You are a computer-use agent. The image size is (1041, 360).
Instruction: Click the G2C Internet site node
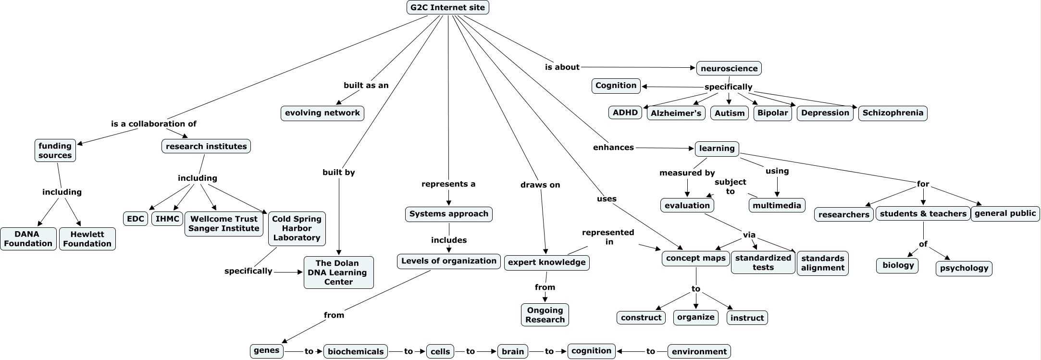pyautogui.click(x=447, y=8)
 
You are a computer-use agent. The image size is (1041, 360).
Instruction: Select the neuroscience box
pyautogui.click(x=729, y=68)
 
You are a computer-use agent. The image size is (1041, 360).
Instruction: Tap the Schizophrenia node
pyautogui.click(x=892, y=113)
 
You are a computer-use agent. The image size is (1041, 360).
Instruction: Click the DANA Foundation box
pyautogui.click(x=28, y=239)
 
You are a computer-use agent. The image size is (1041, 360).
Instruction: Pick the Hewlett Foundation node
pyautogui.click(x=87, y=239)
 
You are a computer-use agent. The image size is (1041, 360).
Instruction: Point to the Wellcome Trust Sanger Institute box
pyautogui.click(x=223, y=224)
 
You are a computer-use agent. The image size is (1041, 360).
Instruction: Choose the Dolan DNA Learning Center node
pyautogui.click(x=338, y=273)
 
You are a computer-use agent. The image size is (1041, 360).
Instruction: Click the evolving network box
pyautogui.click(x=322, y=113)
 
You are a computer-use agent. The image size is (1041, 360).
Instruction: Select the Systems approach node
pyautogui.click(x=448, y=214)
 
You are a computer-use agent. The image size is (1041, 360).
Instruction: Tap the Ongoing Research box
pyautogui.click(x=545, y=315)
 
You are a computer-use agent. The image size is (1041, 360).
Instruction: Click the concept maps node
pyautogui.click(x=695, y=258)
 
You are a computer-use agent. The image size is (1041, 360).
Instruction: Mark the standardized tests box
pyautogui.click(x=763, y=262)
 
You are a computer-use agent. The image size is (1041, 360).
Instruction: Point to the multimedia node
pyautogui.click(x=777, y=205)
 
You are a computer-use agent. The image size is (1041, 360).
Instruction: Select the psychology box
pyautogui.click(x=964, y=268)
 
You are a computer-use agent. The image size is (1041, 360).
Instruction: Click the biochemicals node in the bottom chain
pyautogui.click(x=356, y=351)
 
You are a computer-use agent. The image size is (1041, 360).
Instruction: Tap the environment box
pyautogui.click(x=699, y=351)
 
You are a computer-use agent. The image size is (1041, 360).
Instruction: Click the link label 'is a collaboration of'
pyautogui.click(x=154, y=124)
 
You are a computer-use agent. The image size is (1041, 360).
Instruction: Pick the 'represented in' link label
pyautogui.click(x=608, y=237)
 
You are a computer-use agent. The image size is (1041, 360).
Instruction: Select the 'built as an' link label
pyautogui.click(x=366, y=85)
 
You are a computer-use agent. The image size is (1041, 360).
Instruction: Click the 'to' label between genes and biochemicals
pyautogui.click(x=309, y=351)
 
